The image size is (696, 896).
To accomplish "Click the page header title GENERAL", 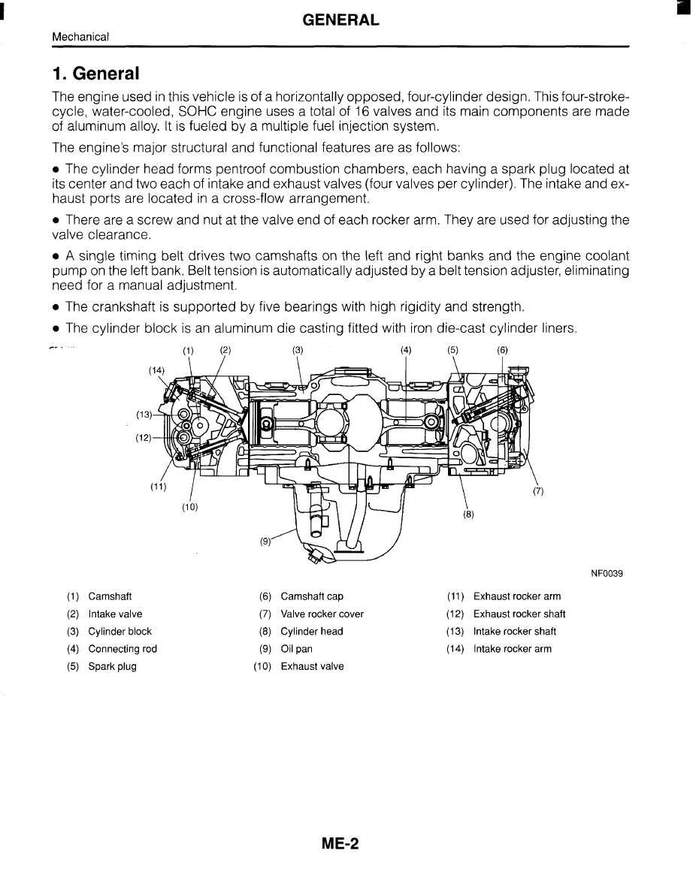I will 340,21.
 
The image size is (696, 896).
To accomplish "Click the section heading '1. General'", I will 95,74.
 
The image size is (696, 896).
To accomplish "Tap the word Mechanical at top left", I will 80,37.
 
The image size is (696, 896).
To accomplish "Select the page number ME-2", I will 340,844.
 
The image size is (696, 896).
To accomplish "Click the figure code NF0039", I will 607,574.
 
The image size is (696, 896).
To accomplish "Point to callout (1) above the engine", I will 188,350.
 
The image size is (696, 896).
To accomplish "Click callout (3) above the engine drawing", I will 298,350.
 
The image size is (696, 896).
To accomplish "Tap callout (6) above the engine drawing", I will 502,350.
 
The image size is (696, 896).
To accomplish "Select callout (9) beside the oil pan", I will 265,540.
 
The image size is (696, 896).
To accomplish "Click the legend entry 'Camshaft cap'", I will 311,596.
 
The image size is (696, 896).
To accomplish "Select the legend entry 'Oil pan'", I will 296,649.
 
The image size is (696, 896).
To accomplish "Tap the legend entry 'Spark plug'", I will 112,666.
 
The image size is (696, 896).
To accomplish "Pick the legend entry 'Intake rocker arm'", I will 512,649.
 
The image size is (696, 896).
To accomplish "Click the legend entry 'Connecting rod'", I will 123,649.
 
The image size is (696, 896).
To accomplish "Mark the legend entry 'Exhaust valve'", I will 312,666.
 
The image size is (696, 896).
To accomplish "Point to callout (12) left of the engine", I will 144,438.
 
